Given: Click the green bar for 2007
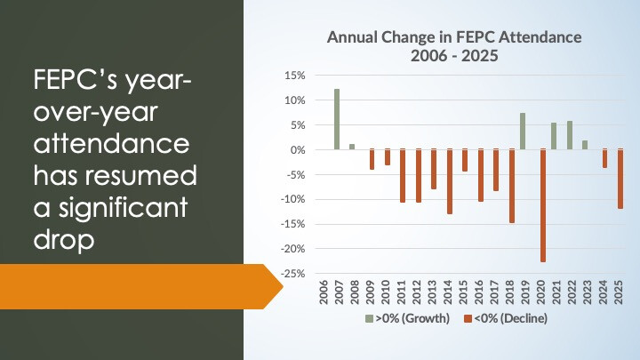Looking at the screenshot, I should coord(337,119).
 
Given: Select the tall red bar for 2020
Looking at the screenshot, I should coord(543,205).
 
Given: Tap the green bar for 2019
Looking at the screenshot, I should coord(523,132).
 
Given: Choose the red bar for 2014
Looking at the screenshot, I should coord(450,181).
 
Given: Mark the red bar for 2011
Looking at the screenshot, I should coord(403,176).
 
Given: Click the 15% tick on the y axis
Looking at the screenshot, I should coord(293,76).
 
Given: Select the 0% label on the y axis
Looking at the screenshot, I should coord(297,150).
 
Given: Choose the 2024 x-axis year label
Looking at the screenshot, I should coord(605,293).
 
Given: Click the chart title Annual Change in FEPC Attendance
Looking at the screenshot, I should coord(454,37).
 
